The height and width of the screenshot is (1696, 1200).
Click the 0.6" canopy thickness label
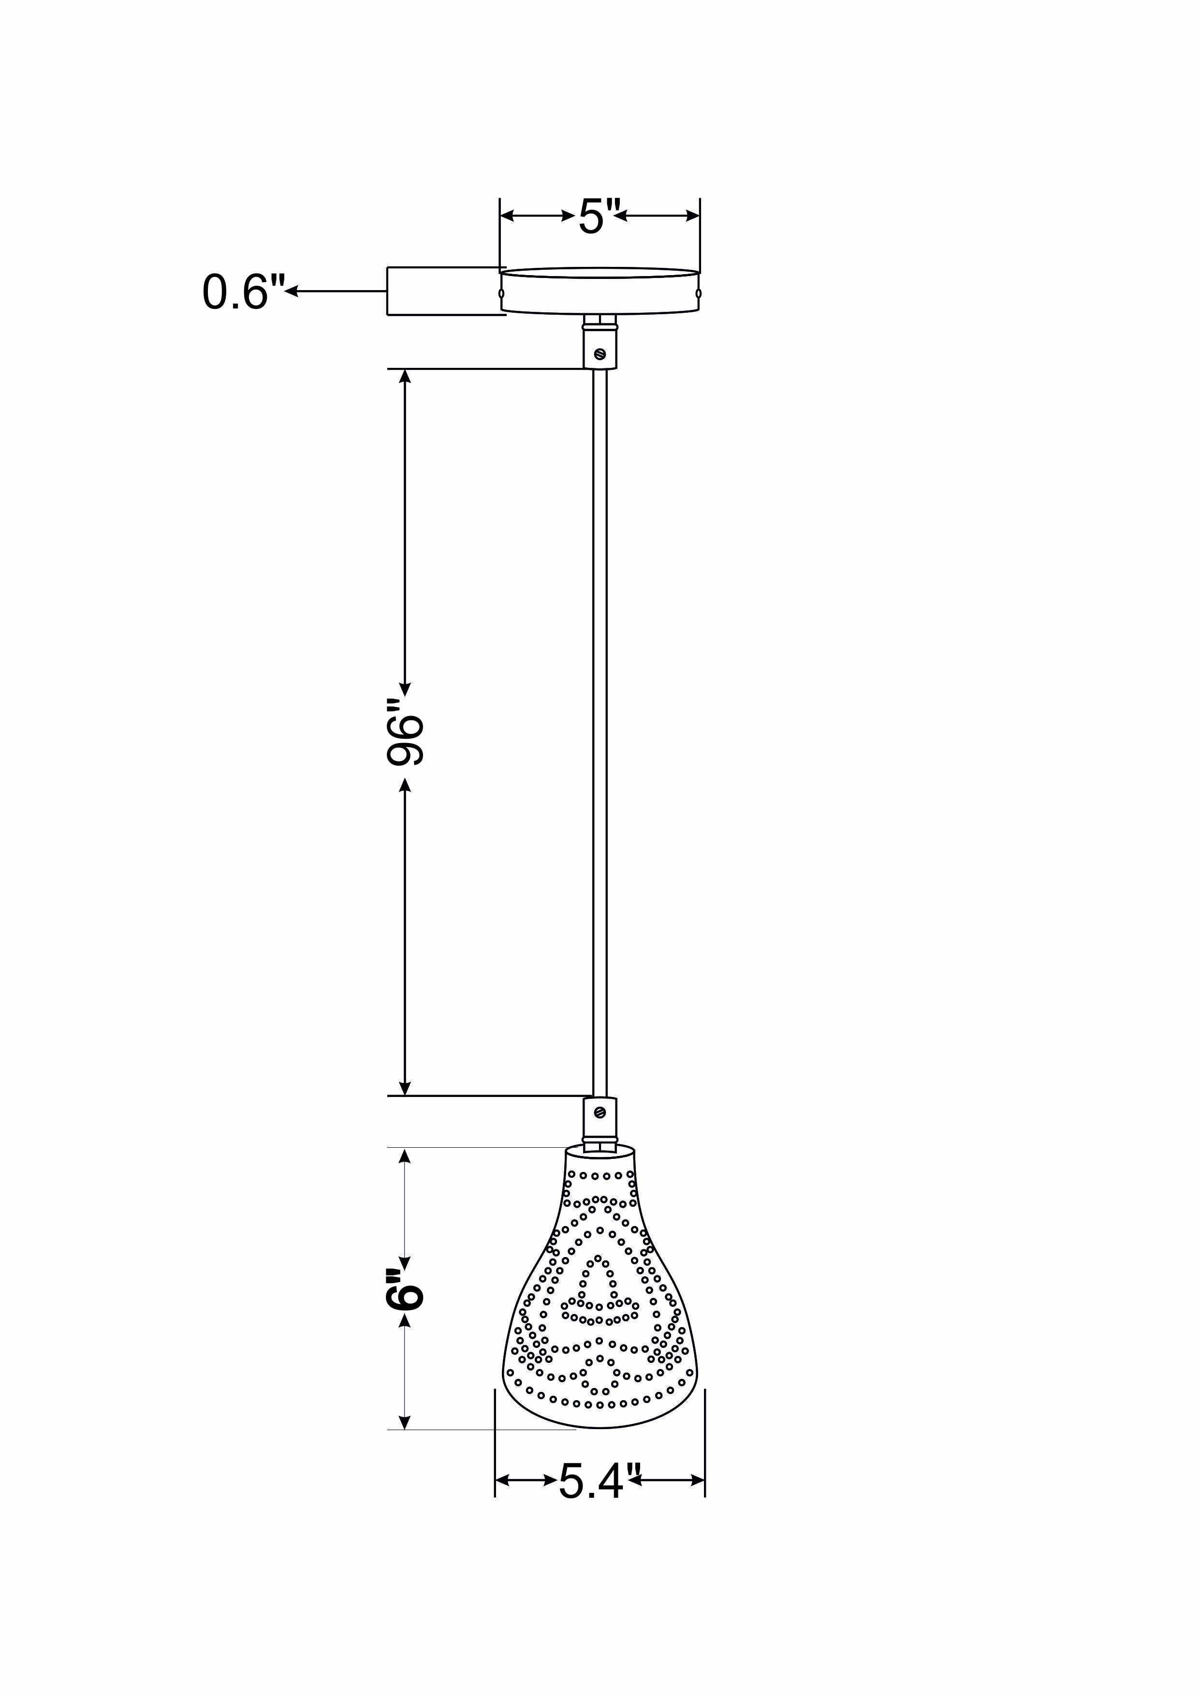pos(242,292)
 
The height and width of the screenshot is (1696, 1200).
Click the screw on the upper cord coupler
pos(599,354)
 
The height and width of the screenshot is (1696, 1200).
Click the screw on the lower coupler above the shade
pos(599,1131)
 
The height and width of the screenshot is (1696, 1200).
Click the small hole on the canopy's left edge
pos(502,294)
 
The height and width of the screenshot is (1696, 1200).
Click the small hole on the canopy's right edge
pos(698,294)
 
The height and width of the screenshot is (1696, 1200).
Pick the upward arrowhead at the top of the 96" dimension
pos(405,375)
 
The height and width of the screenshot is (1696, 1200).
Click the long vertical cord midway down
pos(599,739)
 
